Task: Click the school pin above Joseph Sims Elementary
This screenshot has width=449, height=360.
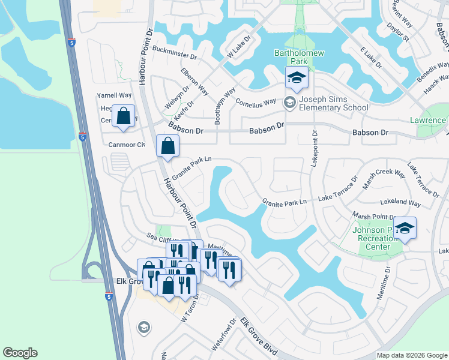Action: tap(295, 79)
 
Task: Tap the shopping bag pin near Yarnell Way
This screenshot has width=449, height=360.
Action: tap(123, 116)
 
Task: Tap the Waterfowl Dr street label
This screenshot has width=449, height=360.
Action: tap(221, 340)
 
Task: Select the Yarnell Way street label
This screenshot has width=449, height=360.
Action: tap(114, 95)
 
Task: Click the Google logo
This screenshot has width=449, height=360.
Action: tap(20, 353)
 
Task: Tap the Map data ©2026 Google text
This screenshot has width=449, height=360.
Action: tap(411, 355)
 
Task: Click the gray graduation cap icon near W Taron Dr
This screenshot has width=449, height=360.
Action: tap(143, 327)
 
